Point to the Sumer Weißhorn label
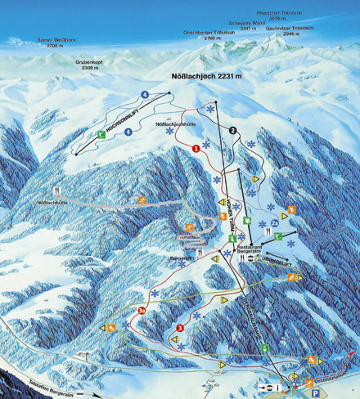click(x=56, y=43)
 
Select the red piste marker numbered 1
click(x=196, y=148)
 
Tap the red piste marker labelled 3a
click(x=142, y=311)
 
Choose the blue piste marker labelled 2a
click(x=275, y=222)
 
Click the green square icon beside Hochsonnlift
click(x=101, y=134)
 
